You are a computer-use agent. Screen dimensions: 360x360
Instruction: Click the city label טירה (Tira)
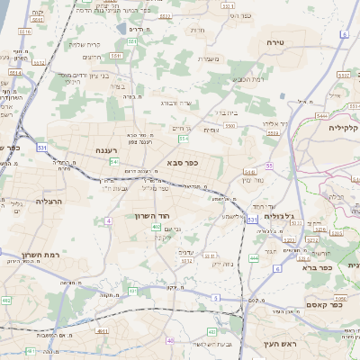point(275,42)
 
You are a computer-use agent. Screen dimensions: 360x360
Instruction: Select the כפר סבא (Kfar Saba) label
point(182,163)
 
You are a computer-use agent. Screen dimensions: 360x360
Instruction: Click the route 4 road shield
point(109,220)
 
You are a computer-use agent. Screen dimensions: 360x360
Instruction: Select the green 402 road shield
point(157,228)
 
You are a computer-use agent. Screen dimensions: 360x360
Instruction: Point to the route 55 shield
point(270,166)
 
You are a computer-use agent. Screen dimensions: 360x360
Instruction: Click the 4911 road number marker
point(101,331)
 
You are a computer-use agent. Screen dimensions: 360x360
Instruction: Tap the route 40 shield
point(170,341)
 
